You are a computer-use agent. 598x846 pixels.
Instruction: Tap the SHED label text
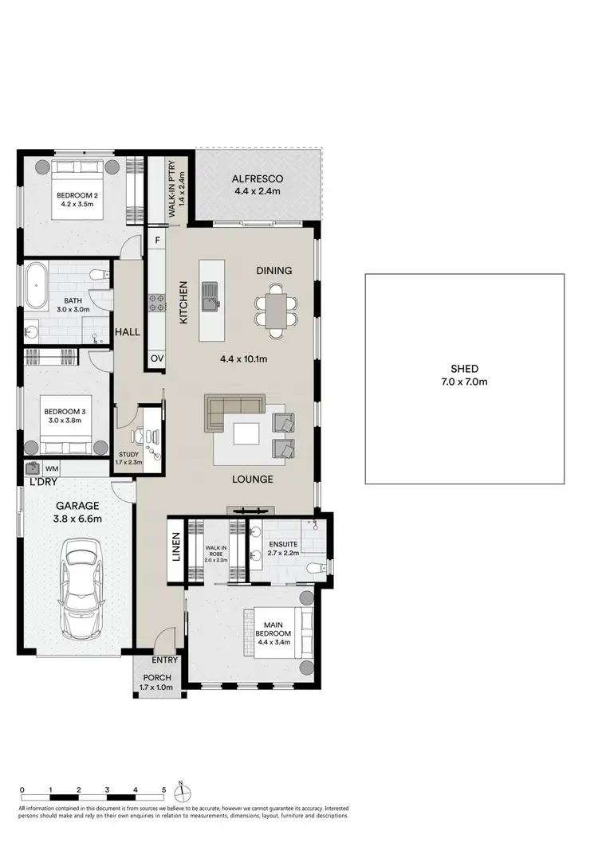click(464, 369)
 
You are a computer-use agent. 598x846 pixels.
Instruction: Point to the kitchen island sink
click(210, 295)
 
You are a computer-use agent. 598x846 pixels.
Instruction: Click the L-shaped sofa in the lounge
click(232, 411)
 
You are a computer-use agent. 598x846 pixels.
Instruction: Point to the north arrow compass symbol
click(182, 793)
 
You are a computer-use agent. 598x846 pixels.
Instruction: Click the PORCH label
click(155, 678)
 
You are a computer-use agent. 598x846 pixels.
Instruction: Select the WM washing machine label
click(52, 469)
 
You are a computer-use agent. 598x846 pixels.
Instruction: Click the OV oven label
click(156, 359)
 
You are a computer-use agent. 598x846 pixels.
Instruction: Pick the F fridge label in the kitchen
click(157, 239)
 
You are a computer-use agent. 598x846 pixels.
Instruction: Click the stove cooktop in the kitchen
click(156, 303)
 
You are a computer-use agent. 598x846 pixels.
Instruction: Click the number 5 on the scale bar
click(163, 790)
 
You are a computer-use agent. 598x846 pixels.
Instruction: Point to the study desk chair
click(135, 436)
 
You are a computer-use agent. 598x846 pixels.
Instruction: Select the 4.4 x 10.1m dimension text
click(243, 358)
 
